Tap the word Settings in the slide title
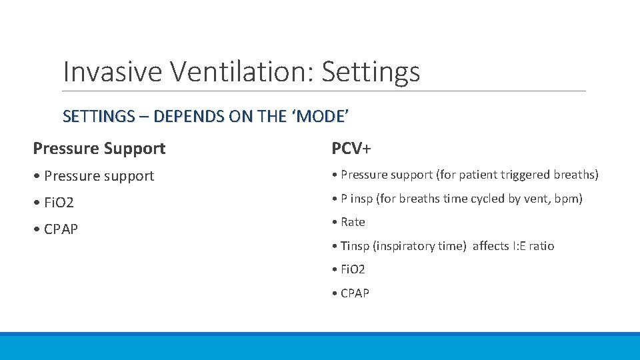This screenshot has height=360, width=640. coord(371,71)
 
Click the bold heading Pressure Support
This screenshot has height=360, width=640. coord(99,148)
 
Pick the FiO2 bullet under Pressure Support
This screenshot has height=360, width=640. coord(57,202)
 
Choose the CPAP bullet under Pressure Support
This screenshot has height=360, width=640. coord(61,229)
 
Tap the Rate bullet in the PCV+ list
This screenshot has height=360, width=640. coord(353,222)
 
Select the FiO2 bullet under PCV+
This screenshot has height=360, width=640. coord(353,269)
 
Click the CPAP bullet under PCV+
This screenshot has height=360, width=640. coord(355,293)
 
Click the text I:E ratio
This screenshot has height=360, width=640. coord(531,246)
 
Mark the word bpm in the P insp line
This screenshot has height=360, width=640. coord(568,199)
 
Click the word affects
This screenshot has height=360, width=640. coord(490,246)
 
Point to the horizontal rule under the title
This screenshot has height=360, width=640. coord(324,91)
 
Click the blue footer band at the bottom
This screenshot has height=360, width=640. coord(320,346)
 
